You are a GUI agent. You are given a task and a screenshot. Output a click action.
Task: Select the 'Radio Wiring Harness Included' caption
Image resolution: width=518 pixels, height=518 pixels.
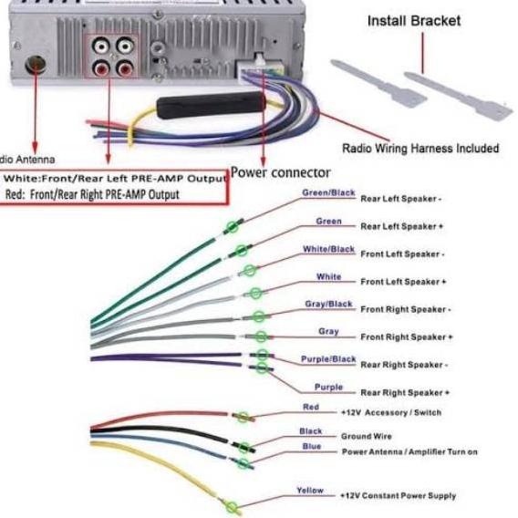pos(420,148)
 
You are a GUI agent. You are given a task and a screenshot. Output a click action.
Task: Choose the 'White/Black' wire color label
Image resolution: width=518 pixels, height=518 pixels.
pos(328,249)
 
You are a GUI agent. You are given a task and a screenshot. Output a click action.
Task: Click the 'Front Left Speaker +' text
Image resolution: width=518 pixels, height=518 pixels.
pos(404,282)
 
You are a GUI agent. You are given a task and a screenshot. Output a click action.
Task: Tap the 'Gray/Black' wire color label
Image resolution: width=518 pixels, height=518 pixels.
pos(328,304)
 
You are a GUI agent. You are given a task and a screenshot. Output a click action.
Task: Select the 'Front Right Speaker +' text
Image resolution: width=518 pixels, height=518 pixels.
pos(406,337)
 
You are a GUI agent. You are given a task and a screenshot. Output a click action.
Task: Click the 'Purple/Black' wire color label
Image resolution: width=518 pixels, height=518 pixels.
pos(328,359)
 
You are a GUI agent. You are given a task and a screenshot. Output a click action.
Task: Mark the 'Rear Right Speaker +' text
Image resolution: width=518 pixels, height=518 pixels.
pos(405,392)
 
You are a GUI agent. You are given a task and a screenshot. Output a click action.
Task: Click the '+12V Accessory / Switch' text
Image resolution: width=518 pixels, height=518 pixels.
pos(390,413)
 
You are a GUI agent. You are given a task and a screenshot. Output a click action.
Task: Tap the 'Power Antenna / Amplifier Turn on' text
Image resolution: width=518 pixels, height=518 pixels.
pos(409,451)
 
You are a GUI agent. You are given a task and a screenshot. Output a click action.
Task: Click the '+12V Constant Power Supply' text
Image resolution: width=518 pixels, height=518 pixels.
pos(397,496)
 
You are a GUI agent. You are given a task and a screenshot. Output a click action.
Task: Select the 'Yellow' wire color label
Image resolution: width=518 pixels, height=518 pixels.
pos(310,491)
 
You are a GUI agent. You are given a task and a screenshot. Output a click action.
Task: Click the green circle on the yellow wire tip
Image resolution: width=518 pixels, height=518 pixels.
pos(233,507)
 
